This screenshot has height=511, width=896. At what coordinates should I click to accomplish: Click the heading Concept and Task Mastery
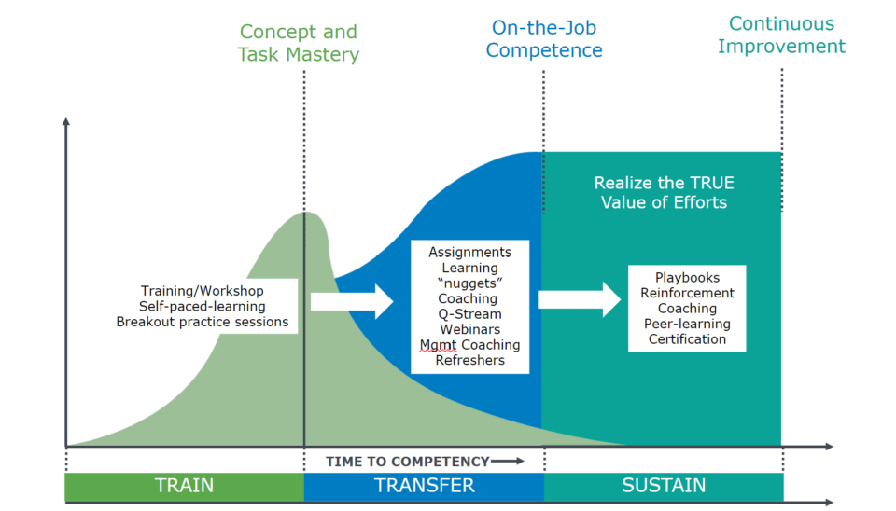coord(299,43)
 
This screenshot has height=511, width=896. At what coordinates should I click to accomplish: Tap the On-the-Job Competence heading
coord(544,39)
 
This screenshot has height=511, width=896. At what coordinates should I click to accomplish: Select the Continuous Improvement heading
coord(782,35)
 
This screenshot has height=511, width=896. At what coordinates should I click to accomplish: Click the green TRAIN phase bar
coord(184,486)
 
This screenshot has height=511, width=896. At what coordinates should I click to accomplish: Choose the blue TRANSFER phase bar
coord(424,486)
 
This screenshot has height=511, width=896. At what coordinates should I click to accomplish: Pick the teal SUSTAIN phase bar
coord(664,486)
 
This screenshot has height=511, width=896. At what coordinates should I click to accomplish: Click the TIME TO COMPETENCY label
coord(408,462)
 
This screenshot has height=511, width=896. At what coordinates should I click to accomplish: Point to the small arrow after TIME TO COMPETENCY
coord(508,461)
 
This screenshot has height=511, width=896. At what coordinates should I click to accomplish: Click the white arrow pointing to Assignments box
coord(352,301)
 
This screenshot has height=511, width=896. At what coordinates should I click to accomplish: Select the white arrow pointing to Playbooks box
coord(579,299)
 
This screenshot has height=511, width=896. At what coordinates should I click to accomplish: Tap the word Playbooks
coord(687,278)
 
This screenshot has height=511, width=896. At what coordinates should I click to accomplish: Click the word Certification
coord(687,339)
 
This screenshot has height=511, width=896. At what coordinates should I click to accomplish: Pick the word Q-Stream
coord(469,314)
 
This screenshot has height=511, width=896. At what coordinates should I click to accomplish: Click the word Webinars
coord(469,329)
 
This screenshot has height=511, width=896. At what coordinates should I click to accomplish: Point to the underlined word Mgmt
coord(439,345)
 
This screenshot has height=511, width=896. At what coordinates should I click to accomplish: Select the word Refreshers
coord(469,360)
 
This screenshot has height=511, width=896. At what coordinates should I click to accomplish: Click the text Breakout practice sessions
coord(203,322)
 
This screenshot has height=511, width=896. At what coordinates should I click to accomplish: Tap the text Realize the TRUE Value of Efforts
coord(664,192)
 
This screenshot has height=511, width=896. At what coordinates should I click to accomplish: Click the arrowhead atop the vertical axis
coord(66,121)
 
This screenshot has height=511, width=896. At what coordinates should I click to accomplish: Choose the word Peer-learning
coord(687,324)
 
